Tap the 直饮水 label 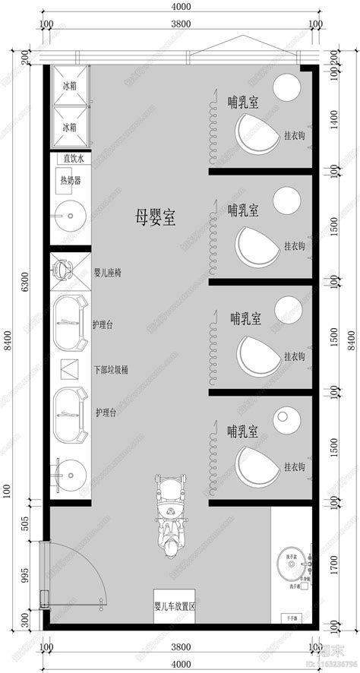(x=72, y=159)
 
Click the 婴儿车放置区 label (x=175, y=607)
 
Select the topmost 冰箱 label (x=69, y=87)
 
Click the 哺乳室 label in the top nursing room (x=242, y=99)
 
